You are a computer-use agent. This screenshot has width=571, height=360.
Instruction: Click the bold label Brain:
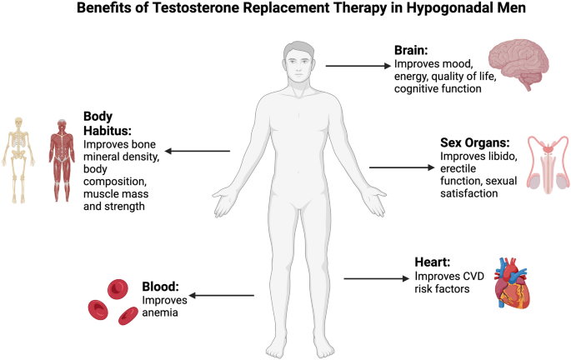pos(413,50)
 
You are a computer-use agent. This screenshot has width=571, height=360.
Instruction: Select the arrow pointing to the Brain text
pos(358,64)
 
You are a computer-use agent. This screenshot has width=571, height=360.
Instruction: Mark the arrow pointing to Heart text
pos(375,277)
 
